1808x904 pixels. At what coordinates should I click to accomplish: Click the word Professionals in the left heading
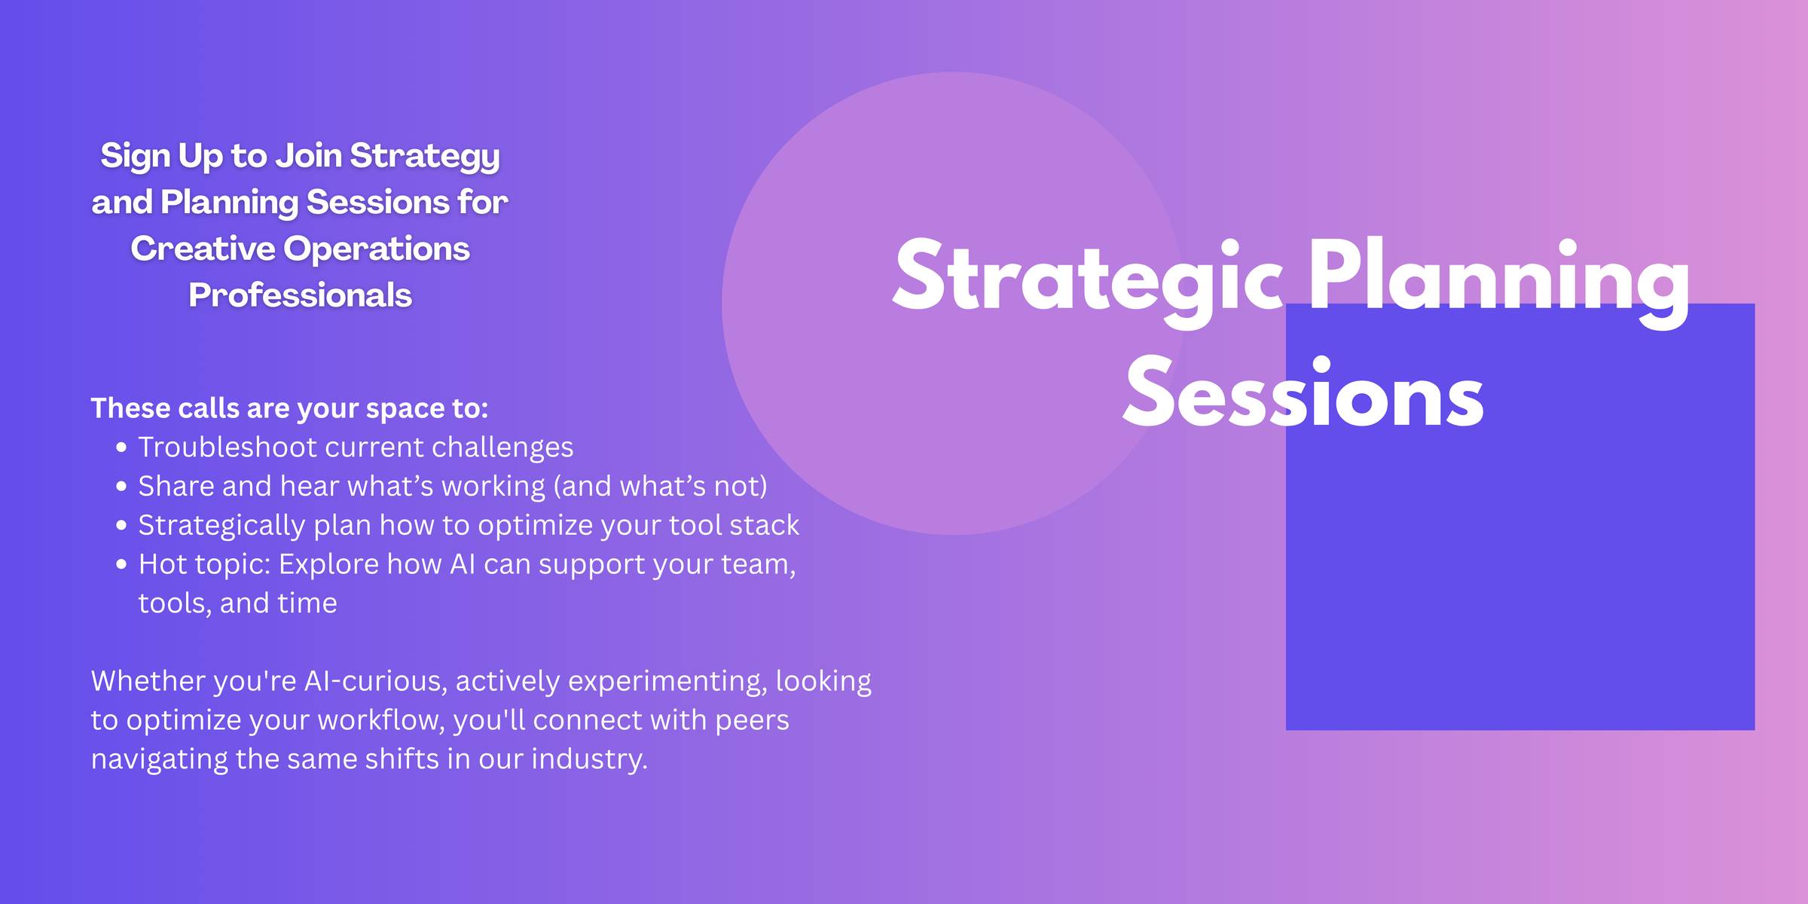[300, 295]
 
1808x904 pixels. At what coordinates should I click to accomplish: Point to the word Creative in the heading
[203, 249]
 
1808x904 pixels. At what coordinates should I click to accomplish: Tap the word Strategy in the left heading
[425, 157]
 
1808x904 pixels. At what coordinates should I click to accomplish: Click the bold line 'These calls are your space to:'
[290, 408]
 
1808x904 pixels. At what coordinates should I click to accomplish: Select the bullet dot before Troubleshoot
[122, 448]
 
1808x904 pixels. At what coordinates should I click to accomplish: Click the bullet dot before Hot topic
[122, 565]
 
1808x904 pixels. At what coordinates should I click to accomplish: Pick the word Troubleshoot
[228, 447]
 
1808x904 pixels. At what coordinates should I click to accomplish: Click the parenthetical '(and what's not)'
[661, 486]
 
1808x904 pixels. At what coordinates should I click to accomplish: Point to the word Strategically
[221, 525]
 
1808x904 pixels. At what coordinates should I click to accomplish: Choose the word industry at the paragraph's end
[589, 759]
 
